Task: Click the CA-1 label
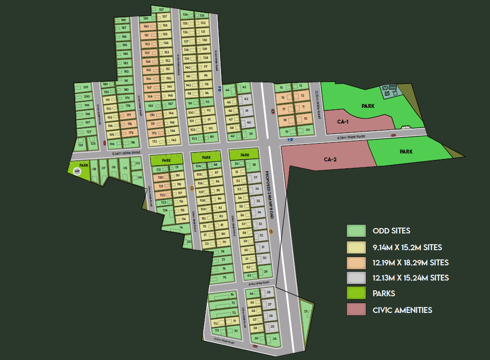tap(343, 121)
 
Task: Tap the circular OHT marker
tap(77, 171)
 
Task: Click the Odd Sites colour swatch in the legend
tap(356, 231)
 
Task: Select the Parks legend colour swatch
tap(356, 294)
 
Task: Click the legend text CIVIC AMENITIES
tap(402, 310)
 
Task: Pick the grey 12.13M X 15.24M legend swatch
tap(356, 278)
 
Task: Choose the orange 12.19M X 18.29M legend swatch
tap(356, 262)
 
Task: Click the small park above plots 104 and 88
tap(206, 157)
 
